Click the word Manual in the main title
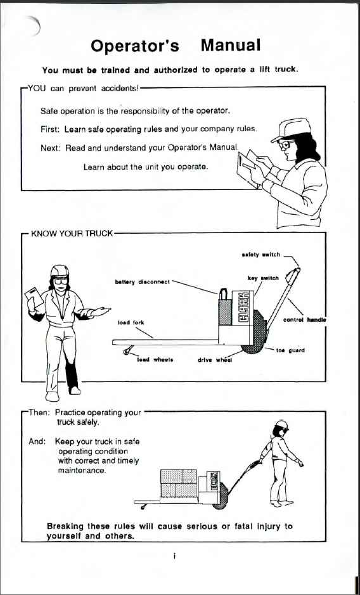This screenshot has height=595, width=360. click(x=231, y=46)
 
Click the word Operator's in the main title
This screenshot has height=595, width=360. click(x=135, y=46)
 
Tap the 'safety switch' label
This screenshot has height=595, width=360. click(x=261, y=255)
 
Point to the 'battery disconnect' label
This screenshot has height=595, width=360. click(x=143, y=282)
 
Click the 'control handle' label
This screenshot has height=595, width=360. click(x=305, y=320)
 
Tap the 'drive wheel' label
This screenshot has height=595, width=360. click(x=215, y=360)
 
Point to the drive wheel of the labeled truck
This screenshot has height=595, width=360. click(x=254, y=332)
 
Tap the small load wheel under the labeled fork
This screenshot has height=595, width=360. click(x=127, y=352)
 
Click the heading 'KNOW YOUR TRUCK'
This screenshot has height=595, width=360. click(x=72, y=233)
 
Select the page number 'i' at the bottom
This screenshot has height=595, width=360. click(x=174, y=556)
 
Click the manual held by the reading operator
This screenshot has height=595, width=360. click(x=250, y=166)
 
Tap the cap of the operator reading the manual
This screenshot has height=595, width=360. click(x=290, y=129)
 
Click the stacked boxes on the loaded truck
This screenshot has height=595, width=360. click(x=179, y=483)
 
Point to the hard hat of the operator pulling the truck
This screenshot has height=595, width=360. click(x=282, y=425)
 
